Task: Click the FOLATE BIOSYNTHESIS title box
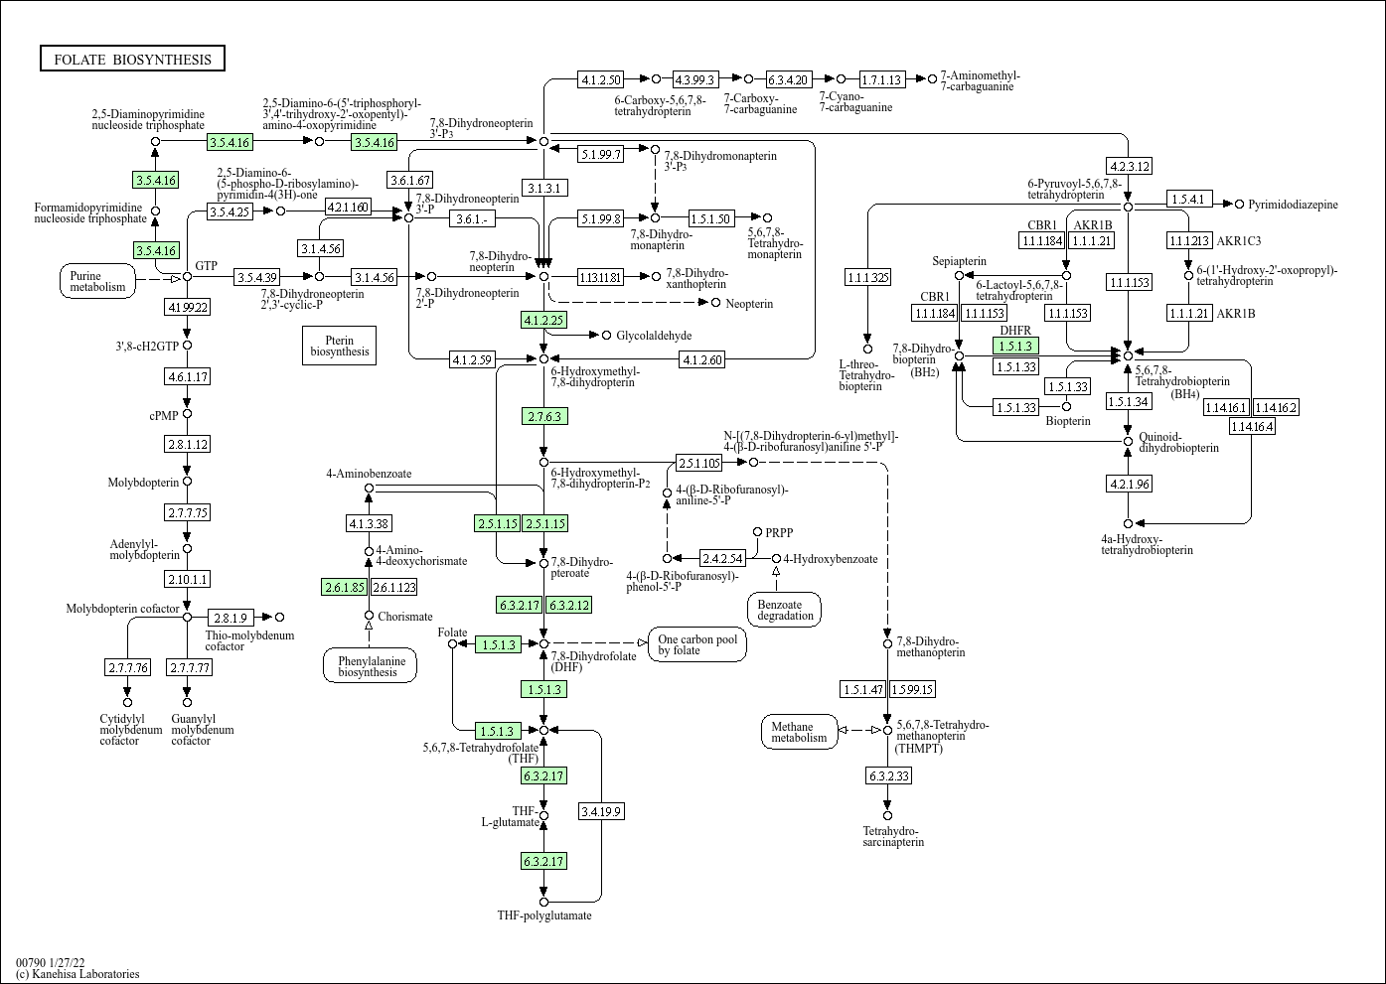(x=132, y=59)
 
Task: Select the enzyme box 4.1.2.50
(x=601, y=79)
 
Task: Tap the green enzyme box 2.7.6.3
(x=544, y=416)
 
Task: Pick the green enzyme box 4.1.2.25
(x=543, y=320)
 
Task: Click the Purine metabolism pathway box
(x=97, y=281)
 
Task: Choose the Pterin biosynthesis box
(x=339, y=346)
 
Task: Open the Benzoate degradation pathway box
(x=785, y=610)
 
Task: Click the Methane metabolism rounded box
(x=800, y=732)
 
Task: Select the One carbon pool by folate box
(x=697, y=644)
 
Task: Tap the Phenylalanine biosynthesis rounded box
(x=370, y=666)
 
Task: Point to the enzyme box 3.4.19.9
(x=601, y=811)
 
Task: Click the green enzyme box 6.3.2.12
(x=569, y=605)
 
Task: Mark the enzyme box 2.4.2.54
(x=722, y=558)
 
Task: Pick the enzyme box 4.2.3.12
(x=1130, y=166)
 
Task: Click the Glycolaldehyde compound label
(x=654, y=336)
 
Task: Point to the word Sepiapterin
(x=959, y=261)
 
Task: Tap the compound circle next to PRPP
(x=757, y=532)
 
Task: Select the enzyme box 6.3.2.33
(x=889, y=775)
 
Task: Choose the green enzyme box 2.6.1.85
(x=344, y=587)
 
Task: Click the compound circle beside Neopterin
(x=716, y=303)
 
